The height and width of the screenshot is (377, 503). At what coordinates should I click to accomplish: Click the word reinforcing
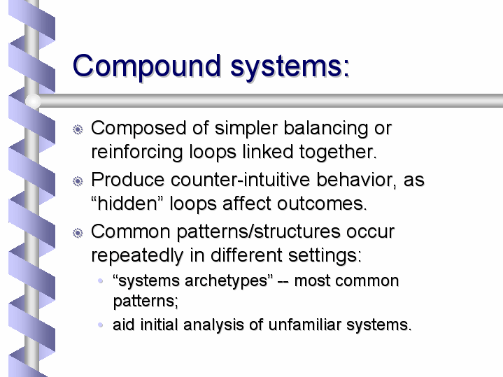point(137,152)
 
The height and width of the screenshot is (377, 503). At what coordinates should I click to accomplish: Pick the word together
point(338,152)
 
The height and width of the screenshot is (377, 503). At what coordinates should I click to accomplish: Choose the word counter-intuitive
point(240,180)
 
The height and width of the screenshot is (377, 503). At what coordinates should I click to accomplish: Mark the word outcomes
point(322,204)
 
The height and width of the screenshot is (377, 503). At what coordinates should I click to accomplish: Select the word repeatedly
point(137,256)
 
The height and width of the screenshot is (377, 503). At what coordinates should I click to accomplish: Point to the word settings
point(325,256)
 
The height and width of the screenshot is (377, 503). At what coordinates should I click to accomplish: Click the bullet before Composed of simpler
point(78,129)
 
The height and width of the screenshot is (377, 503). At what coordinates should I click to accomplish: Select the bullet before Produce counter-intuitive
point(78,182)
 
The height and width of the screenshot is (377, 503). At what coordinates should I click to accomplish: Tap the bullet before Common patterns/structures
point(78,233)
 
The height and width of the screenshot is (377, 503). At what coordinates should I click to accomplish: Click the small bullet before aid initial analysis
point(101,325)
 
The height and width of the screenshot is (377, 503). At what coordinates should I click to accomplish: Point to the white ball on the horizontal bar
point(33,101)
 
